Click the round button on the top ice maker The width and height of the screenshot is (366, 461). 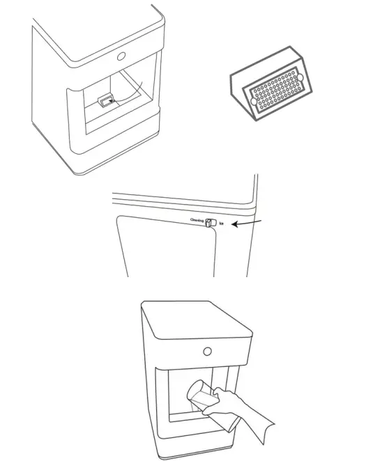pos(123,56)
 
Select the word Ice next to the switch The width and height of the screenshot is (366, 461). pos(222,224)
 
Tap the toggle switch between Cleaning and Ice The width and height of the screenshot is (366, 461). pos(210,222)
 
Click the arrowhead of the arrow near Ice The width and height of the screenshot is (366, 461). pos(236,224)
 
